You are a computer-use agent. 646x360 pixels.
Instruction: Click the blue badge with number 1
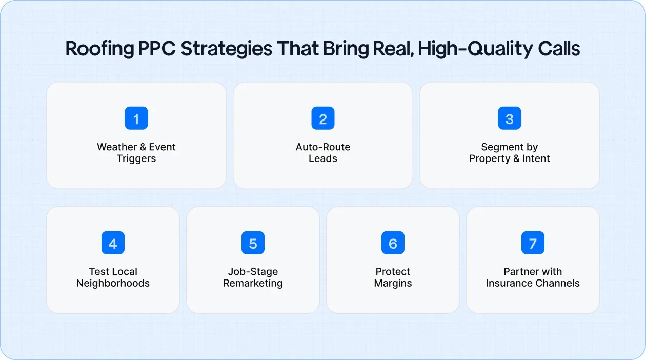(x=136, y=118)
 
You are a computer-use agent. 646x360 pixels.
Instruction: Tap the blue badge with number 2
(x=323, y=118)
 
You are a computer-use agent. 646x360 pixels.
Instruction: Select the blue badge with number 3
(x=510, y=118)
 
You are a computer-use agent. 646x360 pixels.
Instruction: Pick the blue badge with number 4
(x=113, y=243)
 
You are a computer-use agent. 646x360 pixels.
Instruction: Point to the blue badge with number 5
(x=253, y=243)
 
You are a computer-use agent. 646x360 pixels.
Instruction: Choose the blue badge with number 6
(x=393, y=243)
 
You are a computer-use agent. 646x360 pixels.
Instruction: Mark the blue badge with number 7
(x=533, y=243)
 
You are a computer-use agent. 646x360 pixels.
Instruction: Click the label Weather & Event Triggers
(x=136, y=153)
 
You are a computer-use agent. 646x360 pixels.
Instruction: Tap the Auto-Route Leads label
(x=323, y=153)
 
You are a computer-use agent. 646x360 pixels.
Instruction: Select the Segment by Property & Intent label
(x=510, y=153)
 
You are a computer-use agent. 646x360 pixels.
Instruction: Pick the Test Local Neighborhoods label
(x=113, y=277)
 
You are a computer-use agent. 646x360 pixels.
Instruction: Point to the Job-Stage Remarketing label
(x=253, y=277)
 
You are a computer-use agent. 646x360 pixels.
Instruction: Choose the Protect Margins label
(x=393, y=277)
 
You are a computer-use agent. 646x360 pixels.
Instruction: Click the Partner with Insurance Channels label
(x=533, y=277)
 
